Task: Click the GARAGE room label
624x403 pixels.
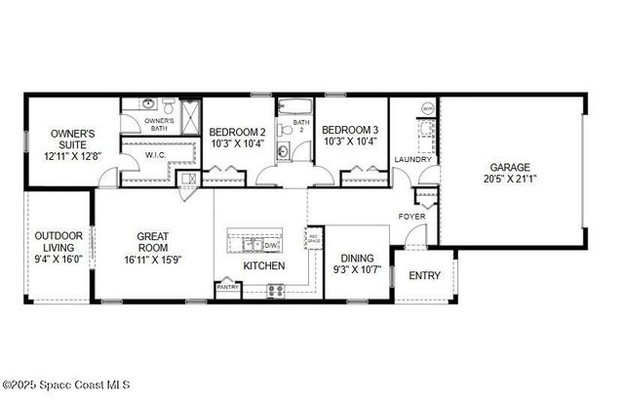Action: pyautogui.click(x=509, y=167)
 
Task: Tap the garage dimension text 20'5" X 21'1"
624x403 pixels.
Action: pyautogui.click(x=509, y=180)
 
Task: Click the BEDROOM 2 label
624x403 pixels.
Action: pyautogui.click(x=238, y=132)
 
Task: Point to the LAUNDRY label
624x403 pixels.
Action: pyautogui.click(x=412, y=159)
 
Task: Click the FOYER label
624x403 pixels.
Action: pyautogui.click(x=410, y=216)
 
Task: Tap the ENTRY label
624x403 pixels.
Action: pyautogui.click(x=424, y=275)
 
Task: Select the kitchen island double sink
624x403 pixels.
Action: pyautogui.click(x=252, y=244)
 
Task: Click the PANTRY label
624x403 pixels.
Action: pyautogui.click(x=227, y=288)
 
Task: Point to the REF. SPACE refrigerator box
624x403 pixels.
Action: pyautogui.click(x=314, y=239)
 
